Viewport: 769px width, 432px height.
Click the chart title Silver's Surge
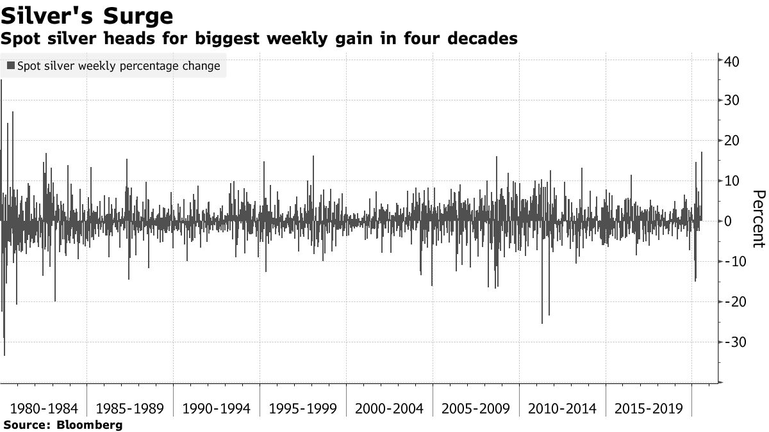[x=87, y=15]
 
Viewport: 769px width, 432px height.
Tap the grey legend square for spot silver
[x=11, y=66]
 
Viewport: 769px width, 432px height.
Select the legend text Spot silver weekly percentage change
[x=119, y=66]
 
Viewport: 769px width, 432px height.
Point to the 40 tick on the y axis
[x=732, y=61]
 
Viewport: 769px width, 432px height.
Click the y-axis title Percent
[x=758, y=218]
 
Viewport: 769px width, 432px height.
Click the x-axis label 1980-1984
[x=43, y=408]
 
